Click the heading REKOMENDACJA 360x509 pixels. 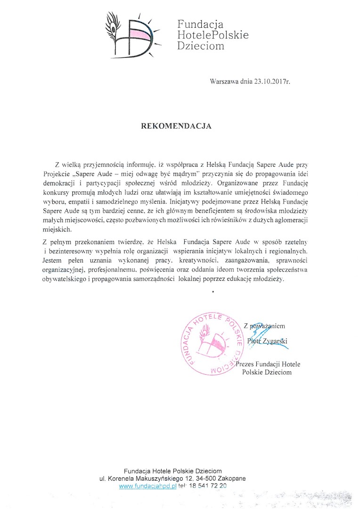pos(177,126)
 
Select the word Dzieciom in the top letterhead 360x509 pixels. pos(200,46)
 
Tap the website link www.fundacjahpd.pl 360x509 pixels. pos(147,486)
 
